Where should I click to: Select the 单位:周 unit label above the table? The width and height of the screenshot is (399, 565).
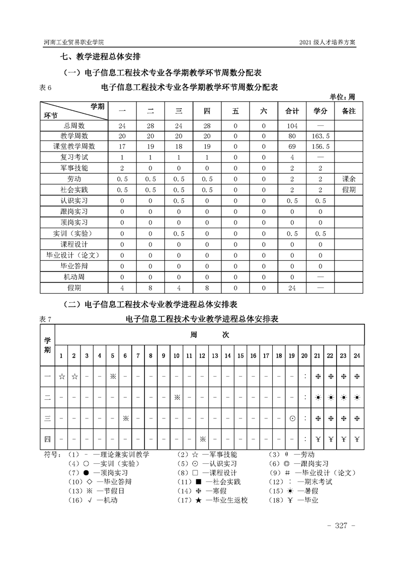[x=342, y=97]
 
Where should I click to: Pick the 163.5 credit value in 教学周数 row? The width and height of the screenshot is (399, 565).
[x=321, y=136]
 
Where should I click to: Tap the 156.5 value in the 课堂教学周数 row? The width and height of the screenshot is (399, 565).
[x=321, y=147]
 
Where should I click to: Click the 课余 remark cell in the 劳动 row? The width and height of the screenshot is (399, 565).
[x=349, y=179]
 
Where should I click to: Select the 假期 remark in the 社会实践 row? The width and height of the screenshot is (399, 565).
[x=349, y=190]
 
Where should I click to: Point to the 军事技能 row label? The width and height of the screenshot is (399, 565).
[x=74, y=168]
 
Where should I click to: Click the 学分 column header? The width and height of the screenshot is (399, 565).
[x=321, y=111]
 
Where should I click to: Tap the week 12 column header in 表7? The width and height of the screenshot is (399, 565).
[x=202, y=356]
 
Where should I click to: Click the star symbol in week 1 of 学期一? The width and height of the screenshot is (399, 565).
[x=61, y=376]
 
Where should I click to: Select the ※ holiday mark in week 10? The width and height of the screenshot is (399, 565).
[x=177, y=397]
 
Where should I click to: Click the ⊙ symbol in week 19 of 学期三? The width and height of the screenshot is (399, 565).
[x=292, y=418]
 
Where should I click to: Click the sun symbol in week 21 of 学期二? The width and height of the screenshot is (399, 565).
[x=317, y=397]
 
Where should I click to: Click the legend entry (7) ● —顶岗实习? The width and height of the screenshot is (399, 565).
[x=98, y=473]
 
